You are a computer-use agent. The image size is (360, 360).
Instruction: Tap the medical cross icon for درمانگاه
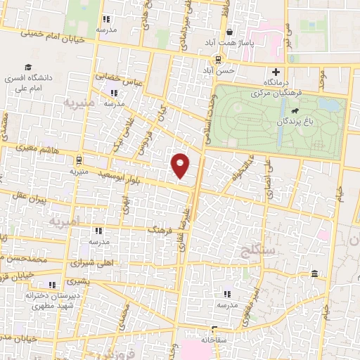point(276,72)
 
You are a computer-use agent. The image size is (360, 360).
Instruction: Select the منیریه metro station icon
point(79,160)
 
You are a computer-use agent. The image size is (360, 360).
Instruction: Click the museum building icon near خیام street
point(314,274)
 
